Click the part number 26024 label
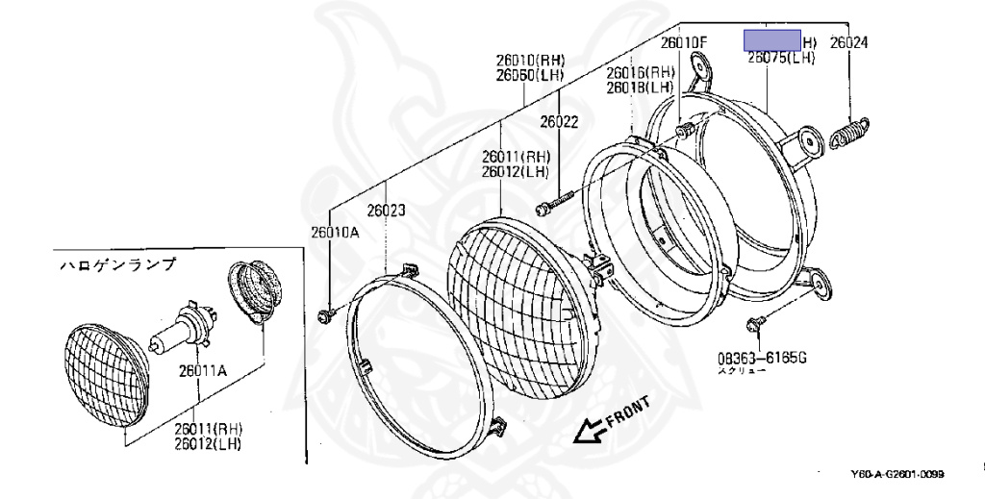click(x=849, y=43)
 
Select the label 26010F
click(x=683, y=43)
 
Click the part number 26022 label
click(x=558, y=122)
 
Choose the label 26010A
click(x=333, y=232)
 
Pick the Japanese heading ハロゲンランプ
click(x=117, y=263)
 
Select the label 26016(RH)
click(x=641, y=72)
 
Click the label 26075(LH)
click(x=781, y=58)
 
